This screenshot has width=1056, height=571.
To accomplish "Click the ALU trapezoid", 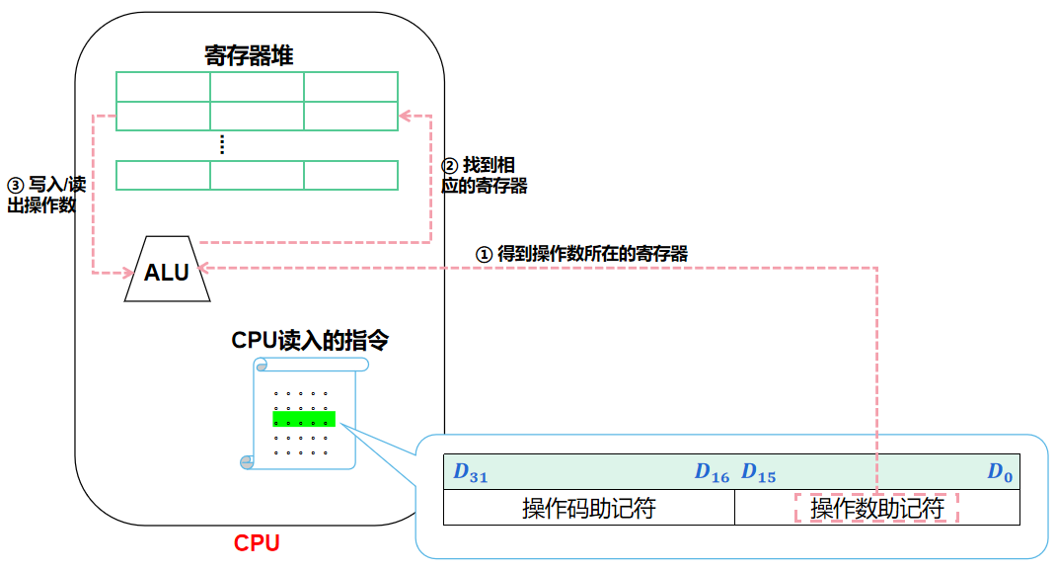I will (166, 271).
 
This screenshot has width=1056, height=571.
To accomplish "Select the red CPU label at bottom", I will (257, 542).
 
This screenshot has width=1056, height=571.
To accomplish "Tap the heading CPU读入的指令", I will (310, 340).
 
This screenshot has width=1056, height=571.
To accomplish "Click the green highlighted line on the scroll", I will (304, 419).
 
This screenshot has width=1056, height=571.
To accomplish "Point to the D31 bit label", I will (470, 474).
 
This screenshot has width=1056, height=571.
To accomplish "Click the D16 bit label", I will (712, 474).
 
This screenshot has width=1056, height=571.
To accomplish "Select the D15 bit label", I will (758, 474).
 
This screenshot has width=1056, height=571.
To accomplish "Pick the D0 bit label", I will (1000, 474).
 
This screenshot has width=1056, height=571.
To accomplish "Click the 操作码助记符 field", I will (588, 509).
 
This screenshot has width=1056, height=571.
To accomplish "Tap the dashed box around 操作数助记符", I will (876, 509).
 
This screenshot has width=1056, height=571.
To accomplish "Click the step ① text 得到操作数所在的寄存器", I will (581, 254).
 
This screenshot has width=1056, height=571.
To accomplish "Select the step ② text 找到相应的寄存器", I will (484, 176).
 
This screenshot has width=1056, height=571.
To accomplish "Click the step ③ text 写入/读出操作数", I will (44, 196).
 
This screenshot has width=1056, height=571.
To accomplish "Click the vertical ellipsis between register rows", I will (222, 145).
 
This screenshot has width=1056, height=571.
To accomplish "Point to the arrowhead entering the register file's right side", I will (404, 117).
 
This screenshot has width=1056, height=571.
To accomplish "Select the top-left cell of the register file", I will (163, 87).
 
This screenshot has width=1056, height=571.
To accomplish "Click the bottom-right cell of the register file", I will (350, 175).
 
